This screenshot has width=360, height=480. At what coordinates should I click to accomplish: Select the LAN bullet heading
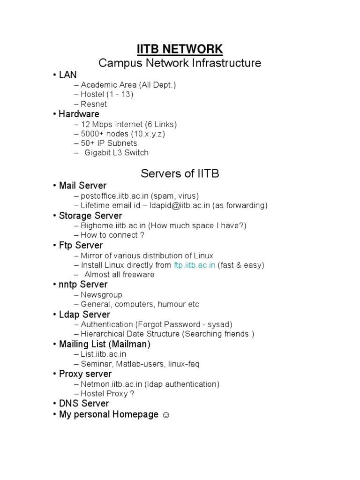point(67,75)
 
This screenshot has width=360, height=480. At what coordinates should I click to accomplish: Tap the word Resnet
point(94,104)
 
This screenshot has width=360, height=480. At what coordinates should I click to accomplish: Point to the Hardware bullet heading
point(79,114)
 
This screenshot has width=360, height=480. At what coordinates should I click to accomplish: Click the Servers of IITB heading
point(180,173)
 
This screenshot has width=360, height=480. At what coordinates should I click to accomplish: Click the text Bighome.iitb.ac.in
point(113,225)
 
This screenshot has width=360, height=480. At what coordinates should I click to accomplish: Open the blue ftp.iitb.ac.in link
point(195,265)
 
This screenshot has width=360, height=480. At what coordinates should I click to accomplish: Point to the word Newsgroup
point(101,295)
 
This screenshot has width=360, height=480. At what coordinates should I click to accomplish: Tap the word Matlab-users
point(135,364)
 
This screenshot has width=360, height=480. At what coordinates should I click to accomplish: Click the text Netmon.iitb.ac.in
point(112,384)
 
